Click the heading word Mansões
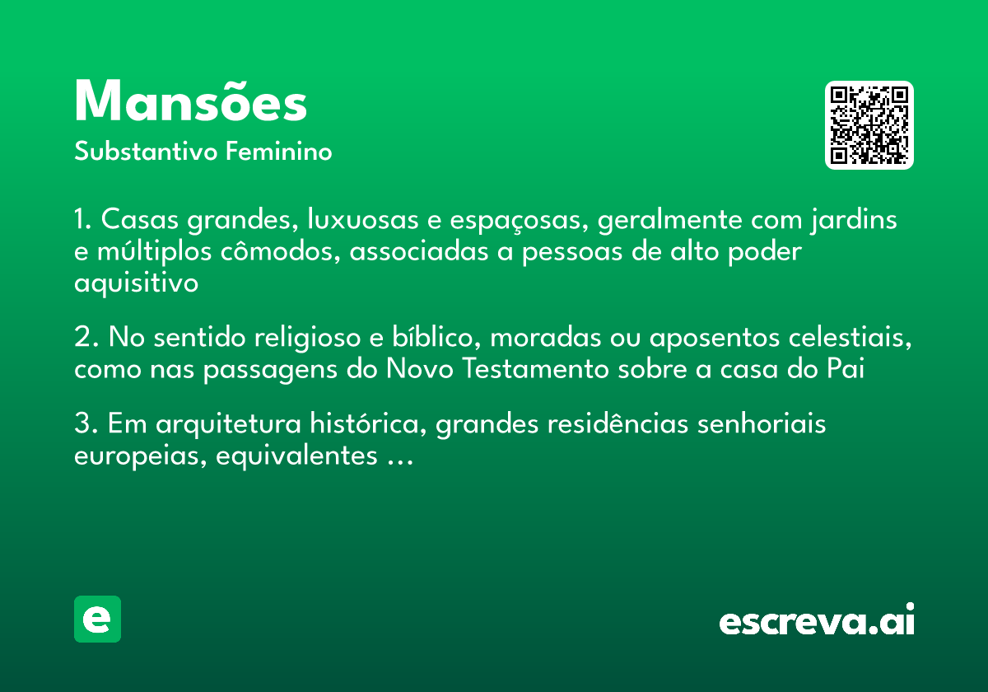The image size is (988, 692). (x=190, y=103)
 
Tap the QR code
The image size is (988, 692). (x=869, y=125)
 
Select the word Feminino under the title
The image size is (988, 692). (x=279, y=152)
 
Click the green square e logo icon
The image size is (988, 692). (x=97, y=619)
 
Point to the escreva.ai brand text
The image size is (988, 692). (x=816, y=620)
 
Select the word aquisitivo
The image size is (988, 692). (x=137, y=283)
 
